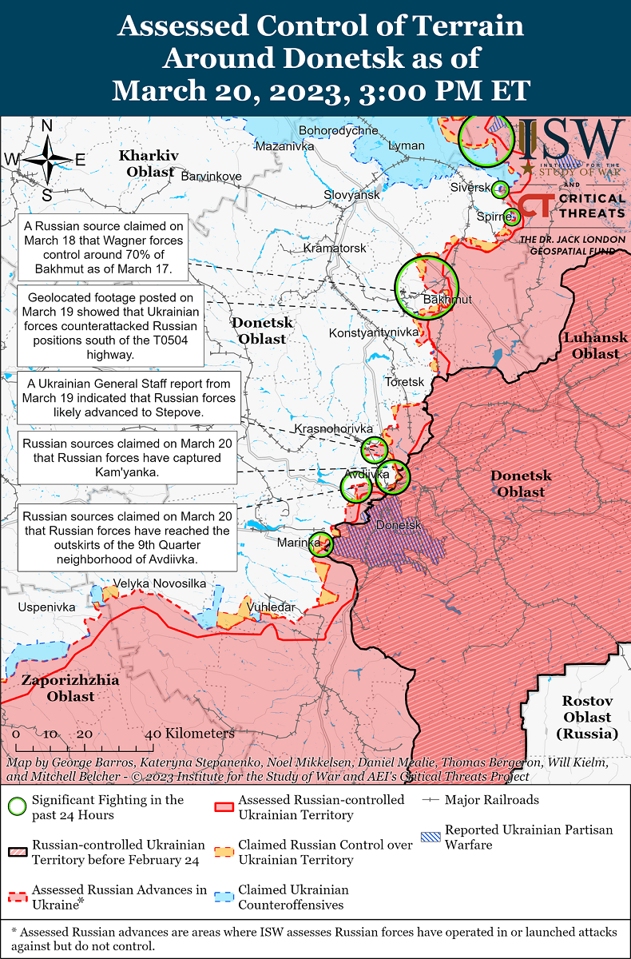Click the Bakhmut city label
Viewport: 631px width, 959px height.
(x=447, y=300)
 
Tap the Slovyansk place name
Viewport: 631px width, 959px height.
(x=351, y=195)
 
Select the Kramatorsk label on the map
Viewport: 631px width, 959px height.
(x=335, y=249)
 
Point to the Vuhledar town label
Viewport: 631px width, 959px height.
(x=272, y=607)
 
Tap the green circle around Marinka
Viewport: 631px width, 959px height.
(x=321, y=544)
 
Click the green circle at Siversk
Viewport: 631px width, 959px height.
(x=500, y=189)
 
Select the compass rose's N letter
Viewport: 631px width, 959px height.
(x=47, y=125)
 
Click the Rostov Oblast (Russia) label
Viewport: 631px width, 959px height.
(x=586, y=717)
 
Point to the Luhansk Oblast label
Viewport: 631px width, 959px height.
(x=595, y=345)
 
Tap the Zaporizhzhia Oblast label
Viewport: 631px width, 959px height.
(x=70, y=688)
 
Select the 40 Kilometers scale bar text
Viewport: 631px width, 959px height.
(x=190, y=734)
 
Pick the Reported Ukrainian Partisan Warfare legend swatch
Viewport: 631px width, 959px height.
(x=431, y=838)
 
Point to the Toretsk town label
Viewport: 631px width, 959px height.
(x=404, y=382)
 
